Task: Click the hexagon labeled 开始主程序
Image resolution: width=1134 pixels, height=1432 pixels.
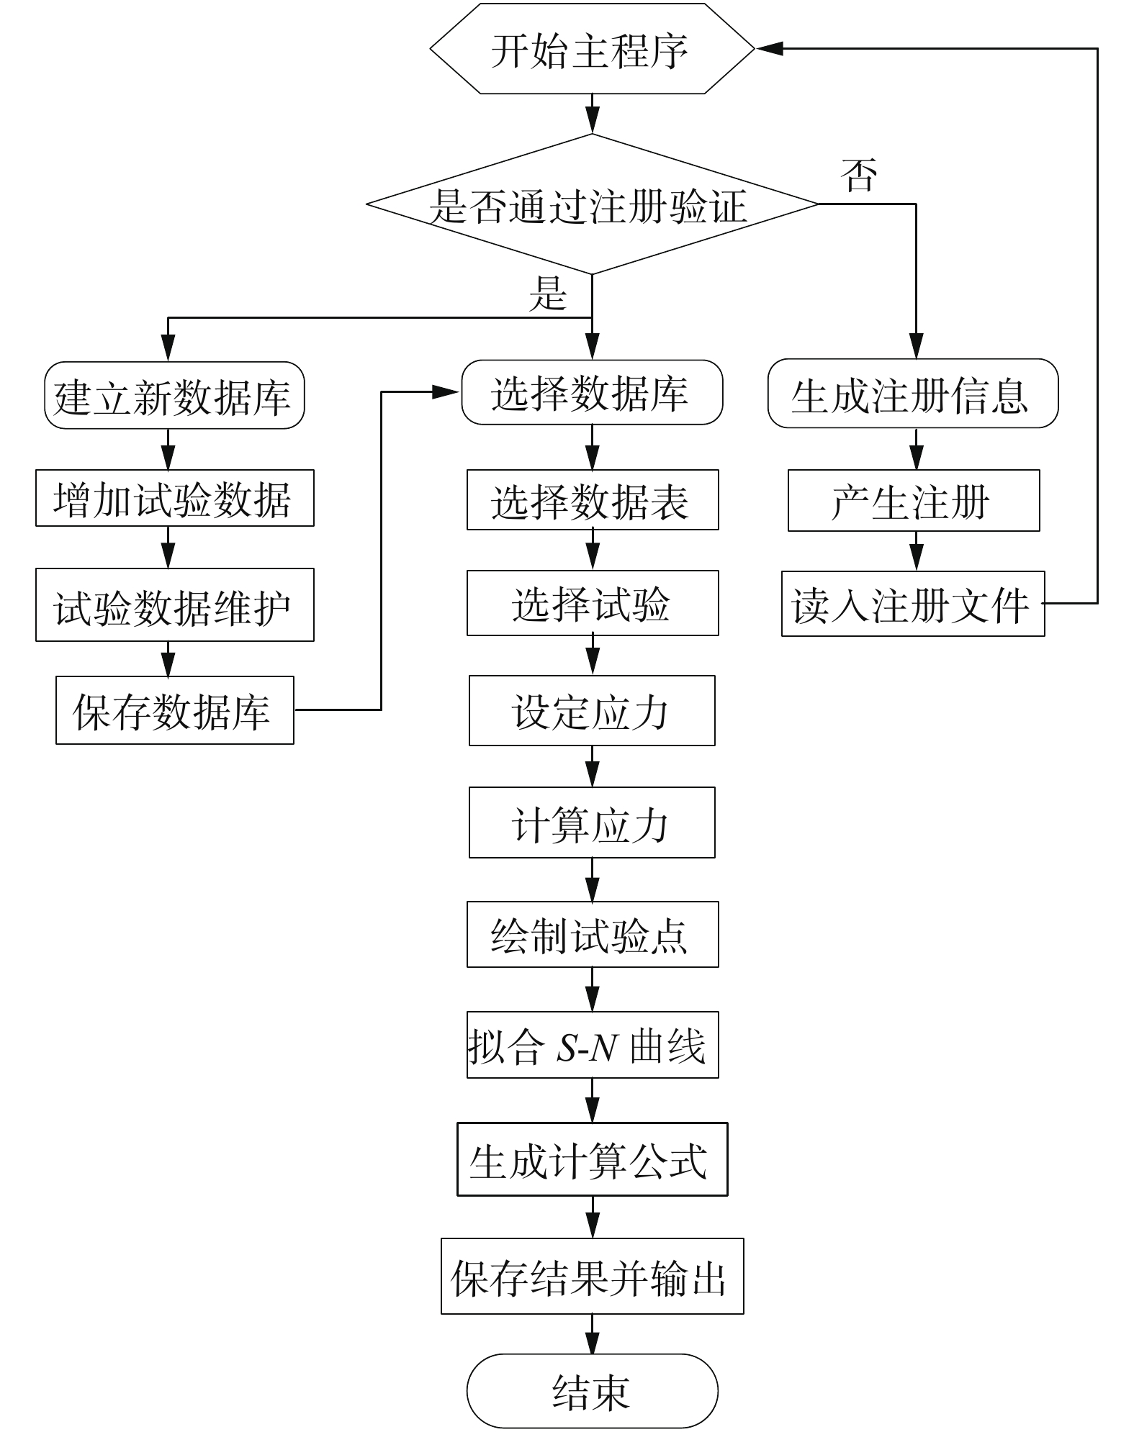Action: [592, 50]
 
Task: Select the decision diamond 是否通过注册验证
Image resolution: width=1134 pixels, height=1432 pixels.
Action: [592, 205]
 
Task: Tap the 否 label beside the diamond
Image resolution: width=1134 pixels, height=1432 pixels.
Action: [859, 176]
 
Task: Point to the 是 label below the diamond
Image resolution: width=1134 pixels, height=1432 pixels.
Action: [548, 294]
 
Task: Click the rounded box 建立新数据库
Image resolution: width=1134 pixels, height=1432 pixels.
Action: [174, 396]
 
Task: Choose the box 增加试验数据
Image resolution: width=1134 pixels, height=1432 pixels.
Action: [174, 499]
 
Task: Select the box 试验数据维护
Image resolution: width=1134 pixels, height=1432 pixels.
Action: [174, 605]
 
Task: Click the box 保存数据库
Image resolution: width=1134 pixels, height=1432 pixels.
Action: [174, 710]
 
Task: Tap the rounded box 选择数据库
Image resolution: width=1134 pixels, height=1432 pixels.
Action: [592, 393]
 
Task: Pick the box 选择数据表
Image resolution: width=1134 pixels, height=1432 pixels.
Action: [592, 500]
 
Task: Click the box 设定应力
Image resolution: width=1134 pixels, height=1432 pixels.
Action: [592, 711]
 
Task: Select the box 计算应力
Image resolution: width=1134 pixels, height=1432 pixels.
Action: [592, 823]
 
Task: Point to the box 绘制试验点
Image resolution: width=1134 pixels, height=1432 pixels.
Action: [592, 935]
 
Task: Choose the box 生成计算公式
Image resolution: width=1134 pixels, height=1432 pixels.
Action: [592, 1159]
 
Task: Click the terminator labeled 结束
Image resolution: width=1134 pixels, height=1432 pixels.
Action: [592, 1390]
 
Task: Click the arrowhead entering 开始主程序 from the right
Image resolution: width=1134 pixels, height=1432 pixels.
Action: [769, 49]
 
